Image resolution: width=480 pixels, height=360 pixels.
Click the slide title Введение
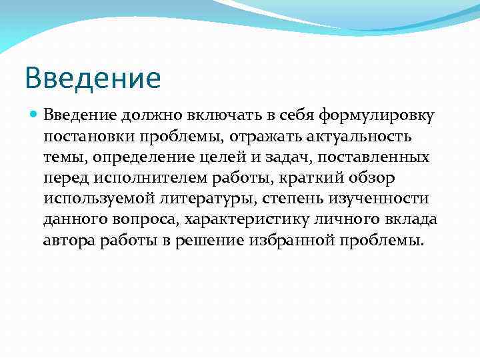93,78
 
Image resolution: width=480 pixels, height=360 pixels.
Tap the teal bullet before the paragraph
34,115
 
